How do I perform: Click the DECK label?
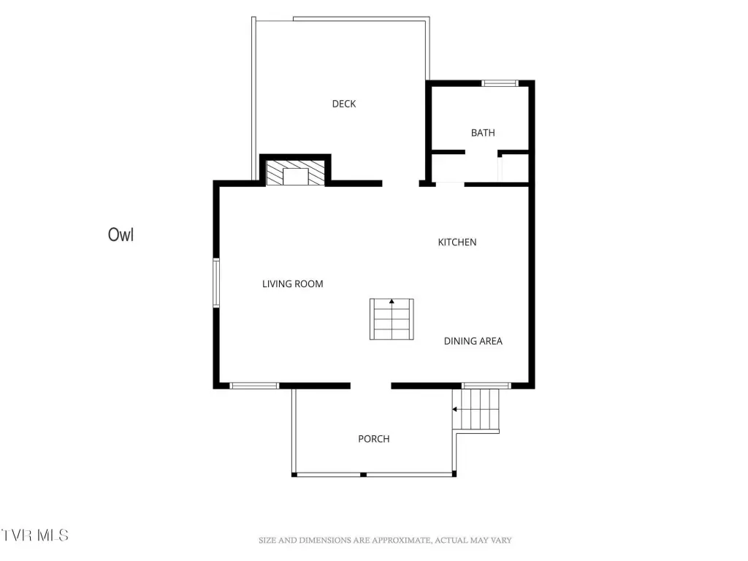[344, 104]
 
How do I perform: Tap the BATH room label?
[483, 133]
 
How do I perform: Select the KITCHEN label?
[457, 242]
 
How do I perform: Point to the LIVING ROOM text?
[292, 284]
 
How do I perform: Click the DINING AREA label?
[473, 341]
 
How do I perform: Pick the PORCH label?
[373, 439]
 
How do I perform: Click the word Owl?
[121, 234]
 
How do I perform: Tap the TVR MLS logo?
[34, 535]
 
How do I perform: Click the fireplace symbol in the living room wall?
[295, 172]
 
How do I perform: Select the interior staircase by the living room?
[392, 319]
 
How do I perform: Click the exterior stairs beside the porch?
[476, 411]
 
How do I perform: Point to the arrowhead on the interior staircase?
[392, 302]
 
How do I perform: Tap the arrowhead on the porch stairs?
[455, 409]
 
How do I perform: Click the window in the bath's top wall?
[500, 83]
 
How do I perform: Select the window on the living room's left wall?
[216, 283]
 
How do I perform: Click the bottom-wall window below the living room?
[254, 386]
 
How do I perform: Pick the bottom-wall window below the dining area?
[486, 386]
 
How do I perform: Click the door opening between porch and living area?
[371, 386]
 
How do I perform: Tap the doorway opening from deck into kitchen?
[401, 183]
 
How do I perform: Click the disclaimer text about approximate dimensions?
[385, 540]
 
